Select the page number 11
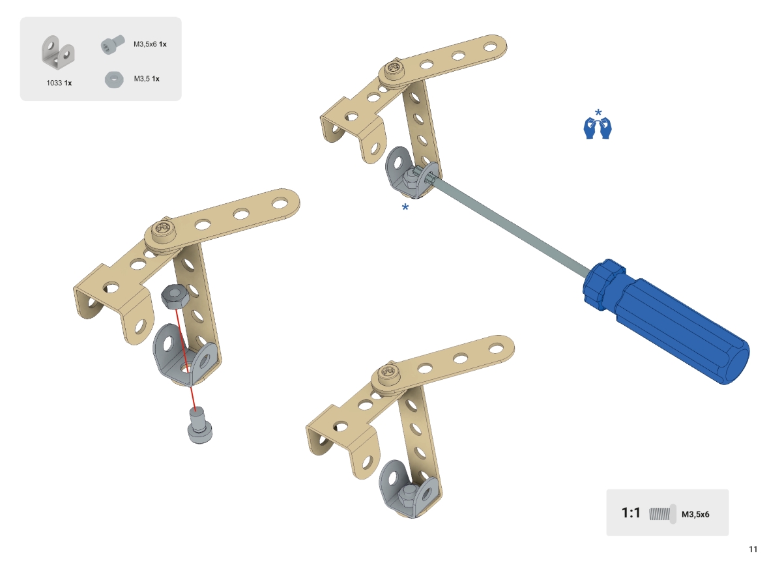753,549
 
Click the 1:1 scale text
631,513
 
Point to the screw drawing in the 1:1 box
663,514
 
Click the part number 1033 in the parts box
54,83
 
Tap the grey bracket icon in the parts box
57,52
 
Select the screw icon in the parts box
112,44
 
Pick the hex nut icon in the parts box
114,79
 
